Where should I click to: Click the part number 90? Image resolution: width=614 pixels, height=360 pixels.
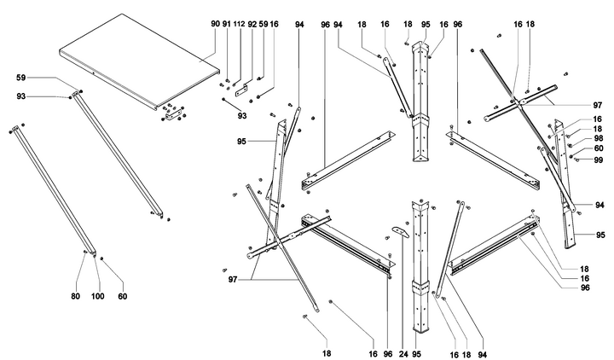[x=215, y=25]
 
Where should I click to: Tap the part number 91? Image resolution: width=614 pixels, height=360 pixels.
[x=226, y=25]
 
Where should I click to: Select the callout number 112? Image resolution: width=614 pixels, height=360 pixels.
[x=239, y=25]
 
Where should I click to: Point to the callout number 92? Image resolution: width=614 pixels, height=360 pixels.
[x=252, y=25]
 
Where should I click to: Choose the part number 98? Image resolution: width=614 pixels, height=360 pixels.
[x=575, y=137]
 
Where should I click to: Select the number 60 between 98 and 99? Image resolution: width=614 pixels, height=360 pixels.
[x=575, y=148]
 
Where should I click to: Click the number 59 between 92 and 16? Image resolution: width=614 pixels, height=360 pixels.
[x=263, y=25]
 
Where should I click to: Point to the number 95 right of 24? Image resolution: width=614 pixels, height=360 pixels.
[x=417, y=353]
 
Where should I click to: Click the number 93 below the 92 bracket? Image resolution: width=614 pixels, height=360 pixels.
[x=242, y=115]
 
